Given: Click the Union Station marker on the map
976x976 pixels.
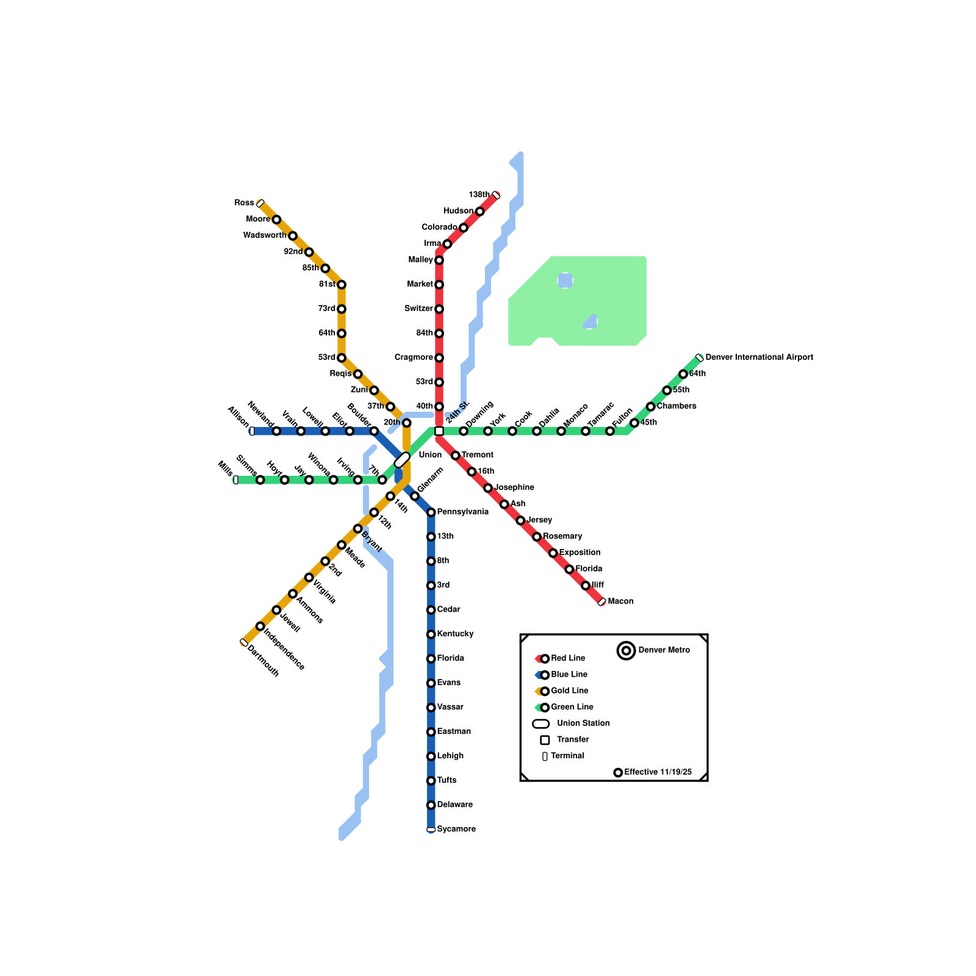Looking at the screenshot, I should (402, 461).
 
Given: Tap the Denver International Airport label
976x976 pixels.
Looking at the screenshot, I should (759, 357).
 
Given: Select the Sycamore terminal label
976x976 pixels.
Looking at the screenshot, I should (456, 829).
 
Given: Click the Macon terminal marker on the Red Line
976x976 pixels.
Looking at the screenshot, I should (602, 602).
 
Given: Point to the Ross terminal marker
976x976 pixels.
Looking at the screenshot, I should (260, 203).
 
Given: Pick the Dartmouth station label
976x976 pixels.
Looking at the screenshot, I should (264, 661).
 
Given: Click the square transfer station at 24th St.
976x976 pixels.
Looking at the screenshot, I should (439, 431).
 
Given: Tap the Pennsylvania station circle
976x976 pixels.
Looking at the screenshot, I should (431, 512).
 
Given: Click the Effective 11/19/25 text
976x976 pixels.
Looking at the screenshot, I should (658, 772).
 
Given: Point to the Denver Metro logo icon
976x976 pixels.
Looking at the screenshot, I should (626, 651).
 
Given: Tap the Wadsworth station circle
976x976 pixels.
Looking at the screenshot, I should (293, 236).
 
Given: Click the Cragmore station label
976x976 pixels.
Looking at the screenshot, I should (414, 357).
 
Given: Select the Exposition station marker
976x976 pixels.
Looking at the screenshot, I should (553, 553).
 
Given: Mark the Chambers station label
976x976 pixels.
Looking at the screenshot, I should (676, 406).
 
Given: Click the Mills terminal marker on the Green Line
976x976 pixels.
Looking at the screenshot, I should (236, 480).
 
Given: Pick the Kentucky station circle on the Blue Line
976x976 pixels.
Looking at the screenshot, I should (431, 634).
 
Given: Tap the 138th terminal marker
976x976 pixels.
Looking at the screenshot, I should (496, 195).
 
